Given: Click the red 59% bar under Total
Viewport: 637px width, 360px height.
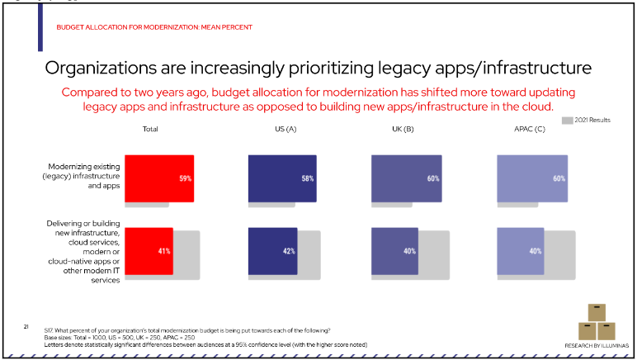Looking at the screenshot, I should click(x=159, y=178).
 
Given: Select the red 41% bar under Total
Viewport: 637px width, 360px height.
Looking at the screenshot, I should click(x=149, y=250).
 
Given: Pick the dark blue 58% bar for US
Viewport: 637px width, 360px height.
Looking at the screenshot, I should click(x=282, y=178).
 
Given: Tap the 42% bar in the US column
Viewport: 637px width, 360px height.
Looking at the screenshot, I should click(x=271, y=250).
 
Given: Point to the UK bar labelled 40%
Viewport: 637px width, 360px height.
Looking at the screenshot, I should click(x=395, y=250).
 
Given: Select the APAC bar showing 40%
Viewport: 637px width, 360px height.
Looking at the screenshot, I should click(x=519, y=250).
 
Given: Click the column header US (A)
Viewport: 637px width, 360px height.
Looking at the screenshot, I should click(x=285, y=130).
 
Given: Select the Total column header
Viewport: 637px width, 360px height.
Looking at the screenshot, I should click(x=150, y=130).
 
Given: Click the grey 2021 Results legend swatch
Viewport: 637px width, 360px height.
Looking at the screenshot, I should click(x=567, y=121).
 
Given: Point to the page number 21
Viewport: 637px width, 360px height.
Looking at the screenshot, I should click(x=26, y=328).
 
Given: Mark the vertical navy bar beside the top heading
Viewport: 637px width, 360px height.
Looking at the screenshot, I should click(x=40, y=26).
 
